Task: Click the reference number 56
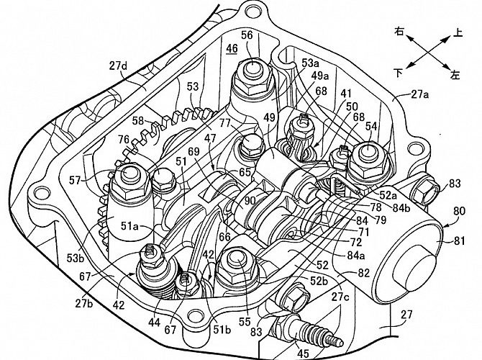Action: (247, 35)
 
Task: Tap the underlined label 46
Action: (231, 49)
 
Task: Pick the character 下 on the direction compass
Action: (399, 73)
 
